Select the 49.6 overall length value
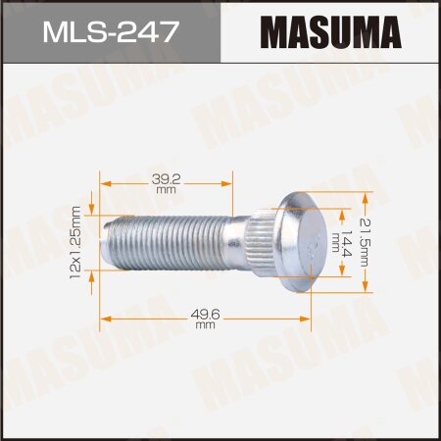coord(204,313)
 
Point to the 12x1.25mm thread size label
coord(75,240)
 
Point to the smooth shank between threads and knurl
coord(235,240)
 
